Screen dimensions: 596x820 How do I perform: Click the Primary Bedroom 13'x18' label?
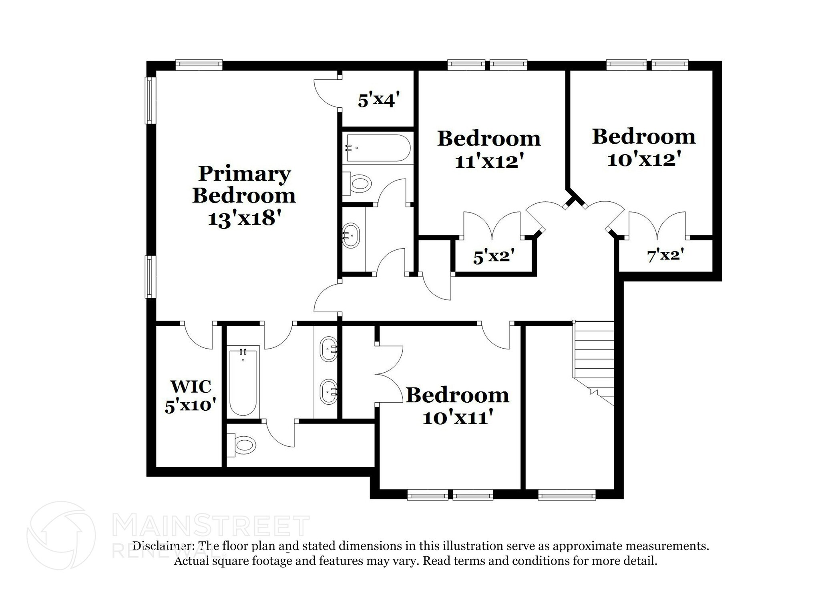click(244, 196)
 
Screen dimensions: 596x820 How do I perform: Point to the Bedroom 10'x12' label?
click(644, 148)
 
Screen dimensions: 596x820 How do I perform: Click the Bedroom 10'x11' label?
click(458, 406)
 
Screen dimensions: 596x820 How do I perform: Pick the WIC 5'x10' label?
click(191, 396)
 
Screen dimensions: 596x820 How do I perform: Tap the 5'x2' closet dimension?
click(494, 256)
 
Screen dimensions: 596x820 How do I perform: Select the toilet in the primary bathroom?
click(243, 445)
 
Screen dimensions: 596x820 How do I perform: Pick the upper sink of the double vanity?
click(329, 349)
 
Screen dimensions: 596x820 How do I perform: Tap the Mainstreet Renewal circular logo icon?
click(61, 535)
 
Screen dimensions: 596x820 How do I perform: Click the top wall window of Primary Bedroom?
click(199, 64)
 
